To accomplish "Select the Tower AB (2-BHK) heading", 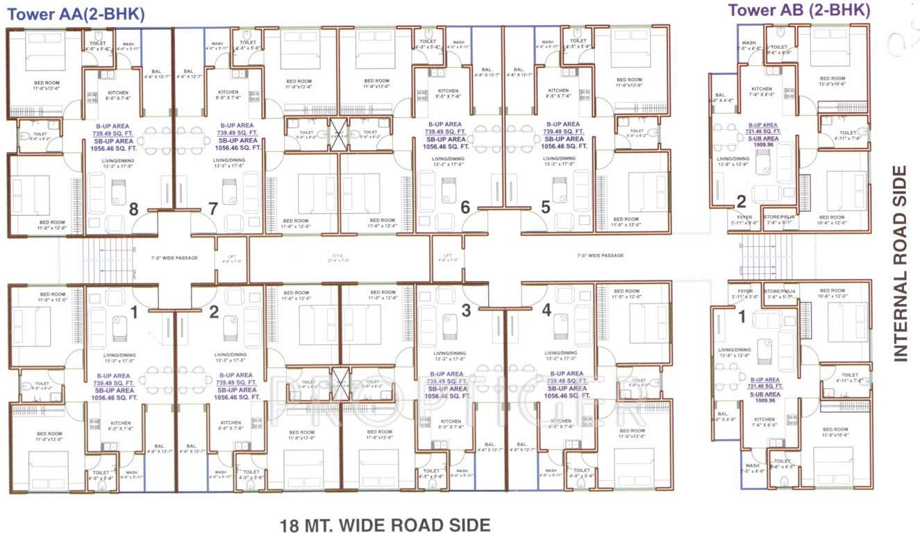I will tap(798, 10).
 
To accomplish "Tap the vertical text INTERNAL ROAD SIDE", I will tap(900, 263).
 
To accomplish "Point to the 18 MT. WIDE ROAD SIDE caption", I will tap(385, 524).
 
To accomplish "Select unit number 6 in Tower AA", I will tap(465, 207).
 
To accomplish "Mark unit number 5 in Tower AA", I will tap(545, 207).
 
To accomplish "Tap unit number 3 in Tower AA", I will tap(466, 310).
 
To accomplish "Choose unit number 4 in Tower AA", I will tap(546, 310).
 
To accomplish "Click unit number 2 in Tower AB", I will tap(741, 202).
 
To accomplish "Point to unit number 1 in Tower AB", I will tap(741, 317).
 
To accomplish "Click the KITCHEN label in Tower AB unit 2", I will tap(762, 90).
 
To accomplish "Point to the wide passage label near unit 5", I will tap(600, 256).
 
